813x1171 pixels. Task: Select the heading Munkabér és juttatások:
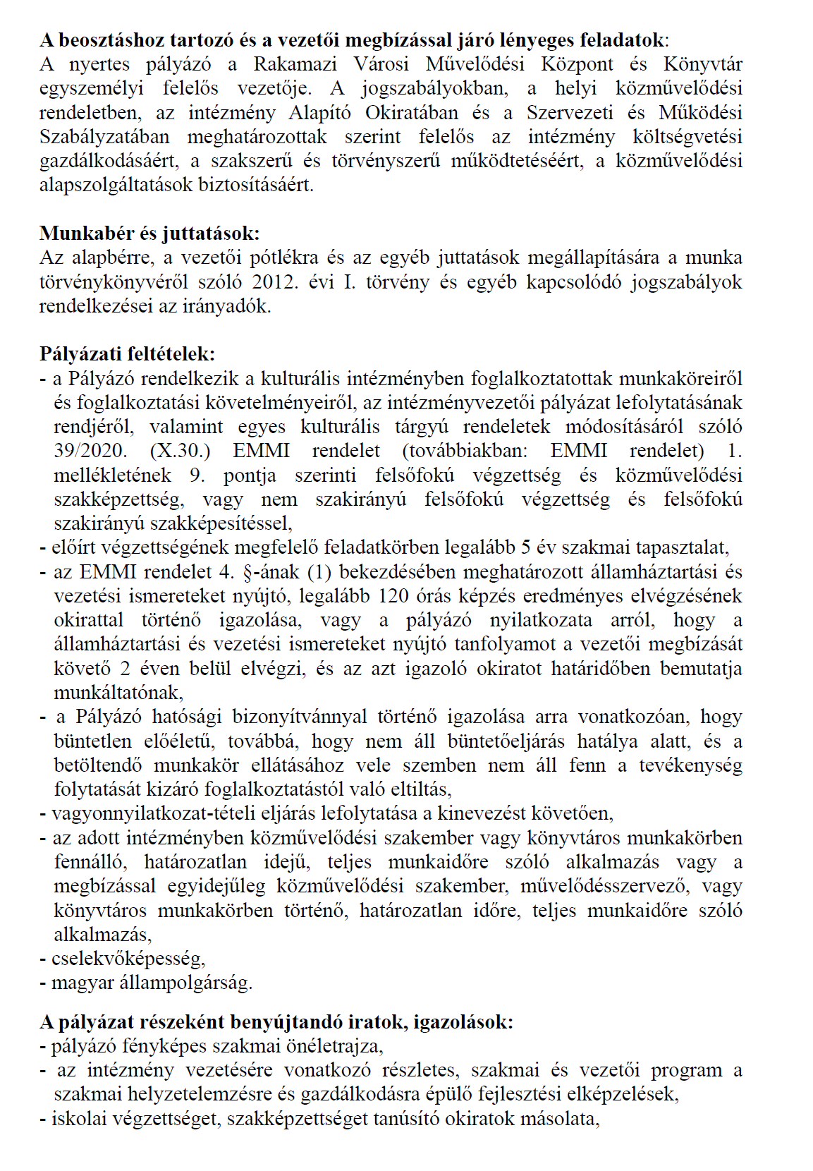(x=149, y=233)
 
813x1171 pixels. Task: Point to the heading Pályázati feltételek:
(x=127, y=353)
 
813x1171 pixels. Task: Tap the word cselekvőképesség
(x=128, y=959)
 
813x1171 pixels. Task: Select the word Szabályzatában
(x=104, y=137)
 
